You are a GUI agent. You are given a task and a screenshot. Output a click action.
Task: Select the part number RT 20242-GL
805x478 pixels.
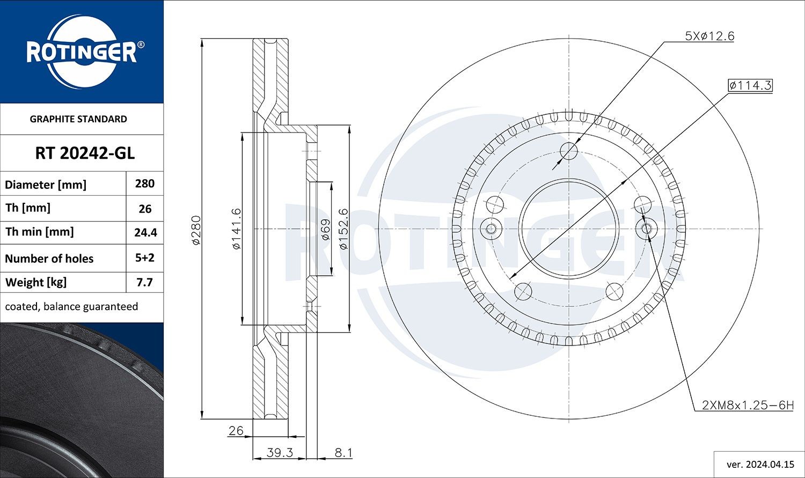(85, 153)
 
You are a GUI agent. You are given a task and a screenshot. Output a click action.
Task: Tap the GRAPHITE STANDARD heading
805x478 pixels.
(78, 119)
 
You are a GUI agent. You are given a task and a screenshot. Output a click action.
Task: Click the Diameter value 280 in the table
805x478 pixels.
(145, 183)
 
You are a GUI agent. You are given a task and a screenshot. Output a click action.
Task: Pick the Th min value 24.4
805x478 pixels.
(145, 233)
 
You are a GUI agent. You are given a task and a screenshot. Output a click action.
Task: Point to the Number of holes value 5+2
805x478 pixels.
(145, 258)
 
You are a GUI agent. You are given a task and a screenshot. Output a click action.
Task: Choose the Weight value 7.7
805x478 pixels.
(145, 282)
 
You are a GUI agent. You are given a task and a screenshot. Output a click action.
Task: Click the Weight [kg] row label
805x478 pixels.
(35, 282)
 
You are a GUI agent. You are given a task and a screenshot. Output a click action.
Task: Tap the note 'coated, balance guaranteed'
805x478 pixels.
(71, 306)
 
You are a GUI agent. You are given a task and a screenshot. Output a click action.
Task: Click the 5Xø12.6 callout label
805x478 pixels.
(709, 36)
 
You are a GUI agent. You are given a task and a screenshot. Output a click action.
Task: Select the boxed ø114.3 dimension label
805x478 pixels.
(750, 85)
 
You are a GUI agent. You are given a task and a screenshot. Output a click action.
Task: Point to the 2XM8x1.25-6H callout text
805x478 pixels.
(747, 405)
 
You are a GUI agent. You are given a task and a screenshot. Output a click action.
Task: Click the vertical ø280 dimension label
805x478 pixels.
(196, 230)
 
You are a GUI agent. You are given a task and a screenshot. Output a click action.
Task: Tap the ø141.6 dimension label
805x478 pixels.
(236, 229)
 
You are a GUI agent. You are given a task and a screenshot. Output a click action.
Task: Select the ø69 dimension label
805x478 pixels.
(325, 229)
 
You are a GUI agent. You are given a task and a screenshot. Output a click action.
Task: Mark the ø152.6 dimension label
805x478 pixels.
(344, 229)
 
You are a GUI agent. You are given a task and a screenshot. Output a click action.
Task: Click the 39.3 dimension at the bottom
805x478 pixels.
(280, 453)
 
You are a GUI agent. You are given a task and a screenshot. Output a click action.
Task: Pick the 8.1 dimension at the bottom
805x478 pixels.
(343, 453)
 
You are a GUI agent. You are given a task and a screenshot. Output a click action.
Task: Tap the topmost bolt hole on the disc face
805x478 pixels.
(568, 151)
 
